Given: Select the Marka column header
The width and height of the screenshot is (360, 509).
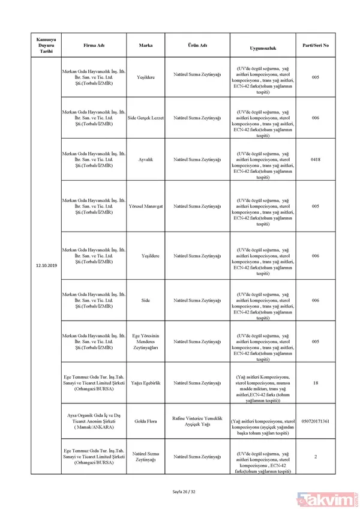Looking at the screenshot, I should [x=145, y=45].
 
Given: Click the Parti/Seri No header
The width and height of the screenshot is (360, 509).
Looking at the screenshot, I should [x=316, y=45].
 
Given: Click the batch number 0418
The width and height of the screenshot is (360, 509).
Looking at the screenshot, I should [x=316, y=160].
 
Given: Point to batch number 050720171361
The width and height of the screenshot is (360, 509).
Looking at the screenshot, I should [x=316, y=422].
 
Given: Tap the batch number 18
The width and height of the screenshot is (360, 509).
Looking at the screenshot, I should [x=316, y=382].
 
